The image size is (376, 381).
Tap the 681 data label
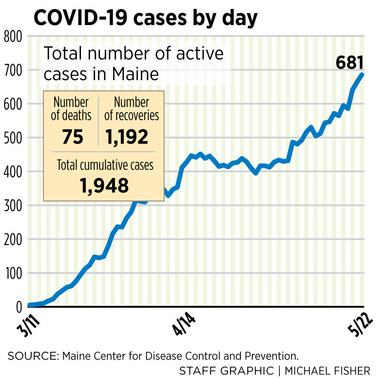(x=350, y=63)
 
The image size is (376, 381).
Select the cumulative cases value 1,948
(x=104, y=186)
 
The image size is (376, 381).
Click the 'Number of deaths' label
(x=71, y=109)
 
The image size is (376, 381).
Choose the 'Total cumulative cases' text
(x=105, y=165)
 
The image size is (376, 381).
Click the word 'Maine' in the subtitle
(x=137, y=74)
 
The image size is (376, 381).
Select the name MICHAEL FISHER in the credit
(x=327, y=371)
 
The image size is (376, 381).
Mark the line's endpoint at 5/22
(x=362, y=74)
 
